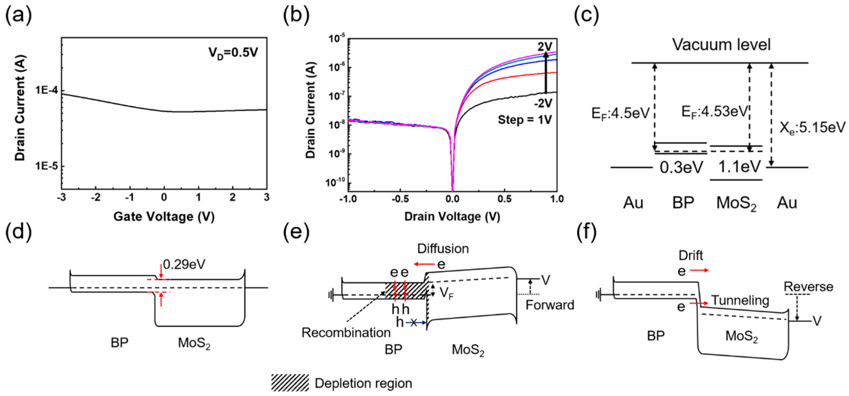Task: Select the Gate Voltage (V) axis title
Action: (x=164, y=217)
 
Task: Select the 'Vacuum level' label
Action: (x=721, y=45)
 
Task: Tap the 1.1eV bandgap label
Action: (x=739, y=167)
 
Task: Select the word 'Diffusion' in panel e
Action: (x=443, y=249)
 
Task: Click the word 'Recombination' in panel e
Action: (x=346, y=333)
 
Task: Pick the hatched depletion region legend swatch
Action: (x=290, y=383)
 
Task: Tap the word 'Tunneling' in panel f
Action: (x=740, y=301)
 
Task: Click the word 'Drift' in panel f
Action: (x=691, y=255)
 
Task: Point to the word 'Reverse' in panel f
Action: (x=808, y=287)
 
